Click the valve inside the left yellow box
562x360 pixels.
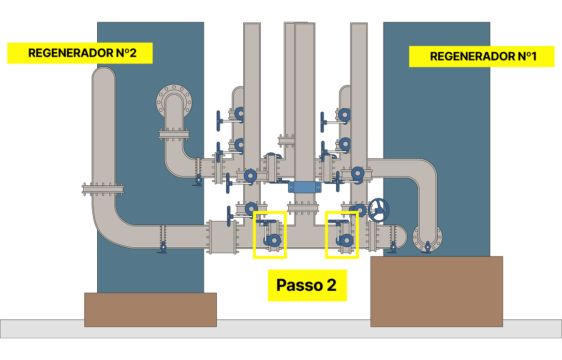[x=273, y=240]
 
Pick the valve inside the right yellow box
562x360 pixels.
[x=345, y=240]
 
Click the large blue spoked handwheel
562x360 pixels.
[x=379, y=209]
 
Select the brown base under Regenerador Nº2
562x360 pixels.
[x=150, y=309]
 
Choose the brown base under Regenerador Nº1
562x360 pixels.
[x=436, y=291]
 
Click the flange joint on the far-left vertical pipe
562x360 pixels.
[x=104, y=188]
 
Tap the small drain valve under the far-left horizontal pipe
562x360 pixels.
[x=163, y=247]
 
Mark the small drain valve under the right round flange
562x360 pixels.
[x=428, y=247]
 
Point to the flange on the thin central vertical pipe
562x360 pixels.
[x=286, y=140]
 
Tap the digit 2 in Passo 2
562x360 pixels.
[x=331, y=285]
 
